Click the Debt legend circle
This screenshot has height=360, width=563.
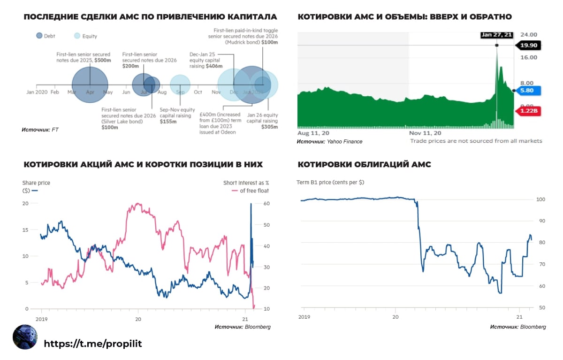(x=39, y=35)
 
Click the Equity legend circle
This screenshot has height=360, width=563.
(x=77, y=35)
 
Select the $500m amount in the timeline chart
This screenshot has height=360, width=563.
(x=102, y=61)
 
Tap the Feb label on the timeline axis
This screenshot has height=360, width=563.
(x=54, y=92)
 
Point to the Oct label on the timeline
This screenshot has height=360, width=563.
(x=198, y=92)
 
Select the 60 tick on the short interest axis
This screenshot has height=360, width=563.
(x=266, y=203)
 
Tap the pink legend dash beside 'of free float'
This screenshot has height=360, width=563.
(x=235, y=191)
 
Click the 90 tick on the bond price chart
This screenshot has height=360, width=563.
(x=541, y=221)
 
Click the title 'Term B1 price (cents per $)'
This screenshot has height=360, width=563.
(x=330, y=182)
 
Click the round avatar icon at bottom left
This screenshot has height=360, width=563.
(x=25, y=337)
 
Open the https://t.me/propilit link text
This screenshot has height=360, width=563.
(x=93, y=344)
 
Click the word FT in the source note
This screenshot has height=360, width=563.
(x=55, y=129)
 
